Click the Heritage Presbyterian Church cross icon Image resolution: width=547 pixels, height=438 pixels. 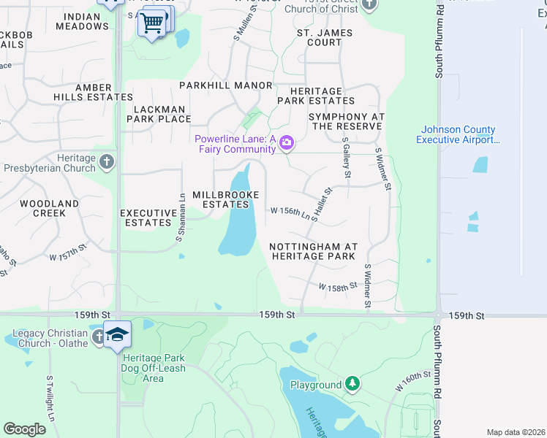107,161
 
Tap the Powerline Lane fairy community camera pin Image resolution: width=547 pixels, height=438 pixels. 287,142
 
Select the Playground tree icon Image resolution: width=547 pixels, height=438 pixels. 352,384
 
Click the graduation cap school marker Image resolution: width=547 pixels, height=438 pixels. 117,335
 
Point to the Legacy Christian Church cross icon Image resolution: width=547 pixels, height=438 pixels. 99,337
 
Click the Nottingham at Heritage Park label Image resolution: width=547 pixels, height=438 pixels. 312,251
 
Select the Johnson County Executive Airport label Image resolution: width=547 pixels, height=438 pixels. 456,134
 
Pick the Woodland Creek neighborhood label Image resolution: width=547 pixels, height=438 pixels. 49,208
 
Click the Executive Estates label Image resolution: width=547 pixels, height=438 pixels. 148,218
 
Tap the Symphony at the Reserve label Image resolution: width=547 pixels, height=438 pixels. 347,121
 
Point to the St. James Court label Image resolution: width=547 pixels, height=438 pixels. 324,37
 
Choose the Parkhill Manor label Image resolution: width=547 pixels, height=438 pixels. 226,85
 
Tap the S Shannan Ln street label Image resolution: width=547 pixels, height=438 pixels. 179,218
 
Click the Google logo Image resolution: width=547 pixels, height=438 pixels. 25,429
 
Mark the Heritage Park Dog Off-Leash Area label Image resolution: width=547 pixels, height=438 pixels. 154,368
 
